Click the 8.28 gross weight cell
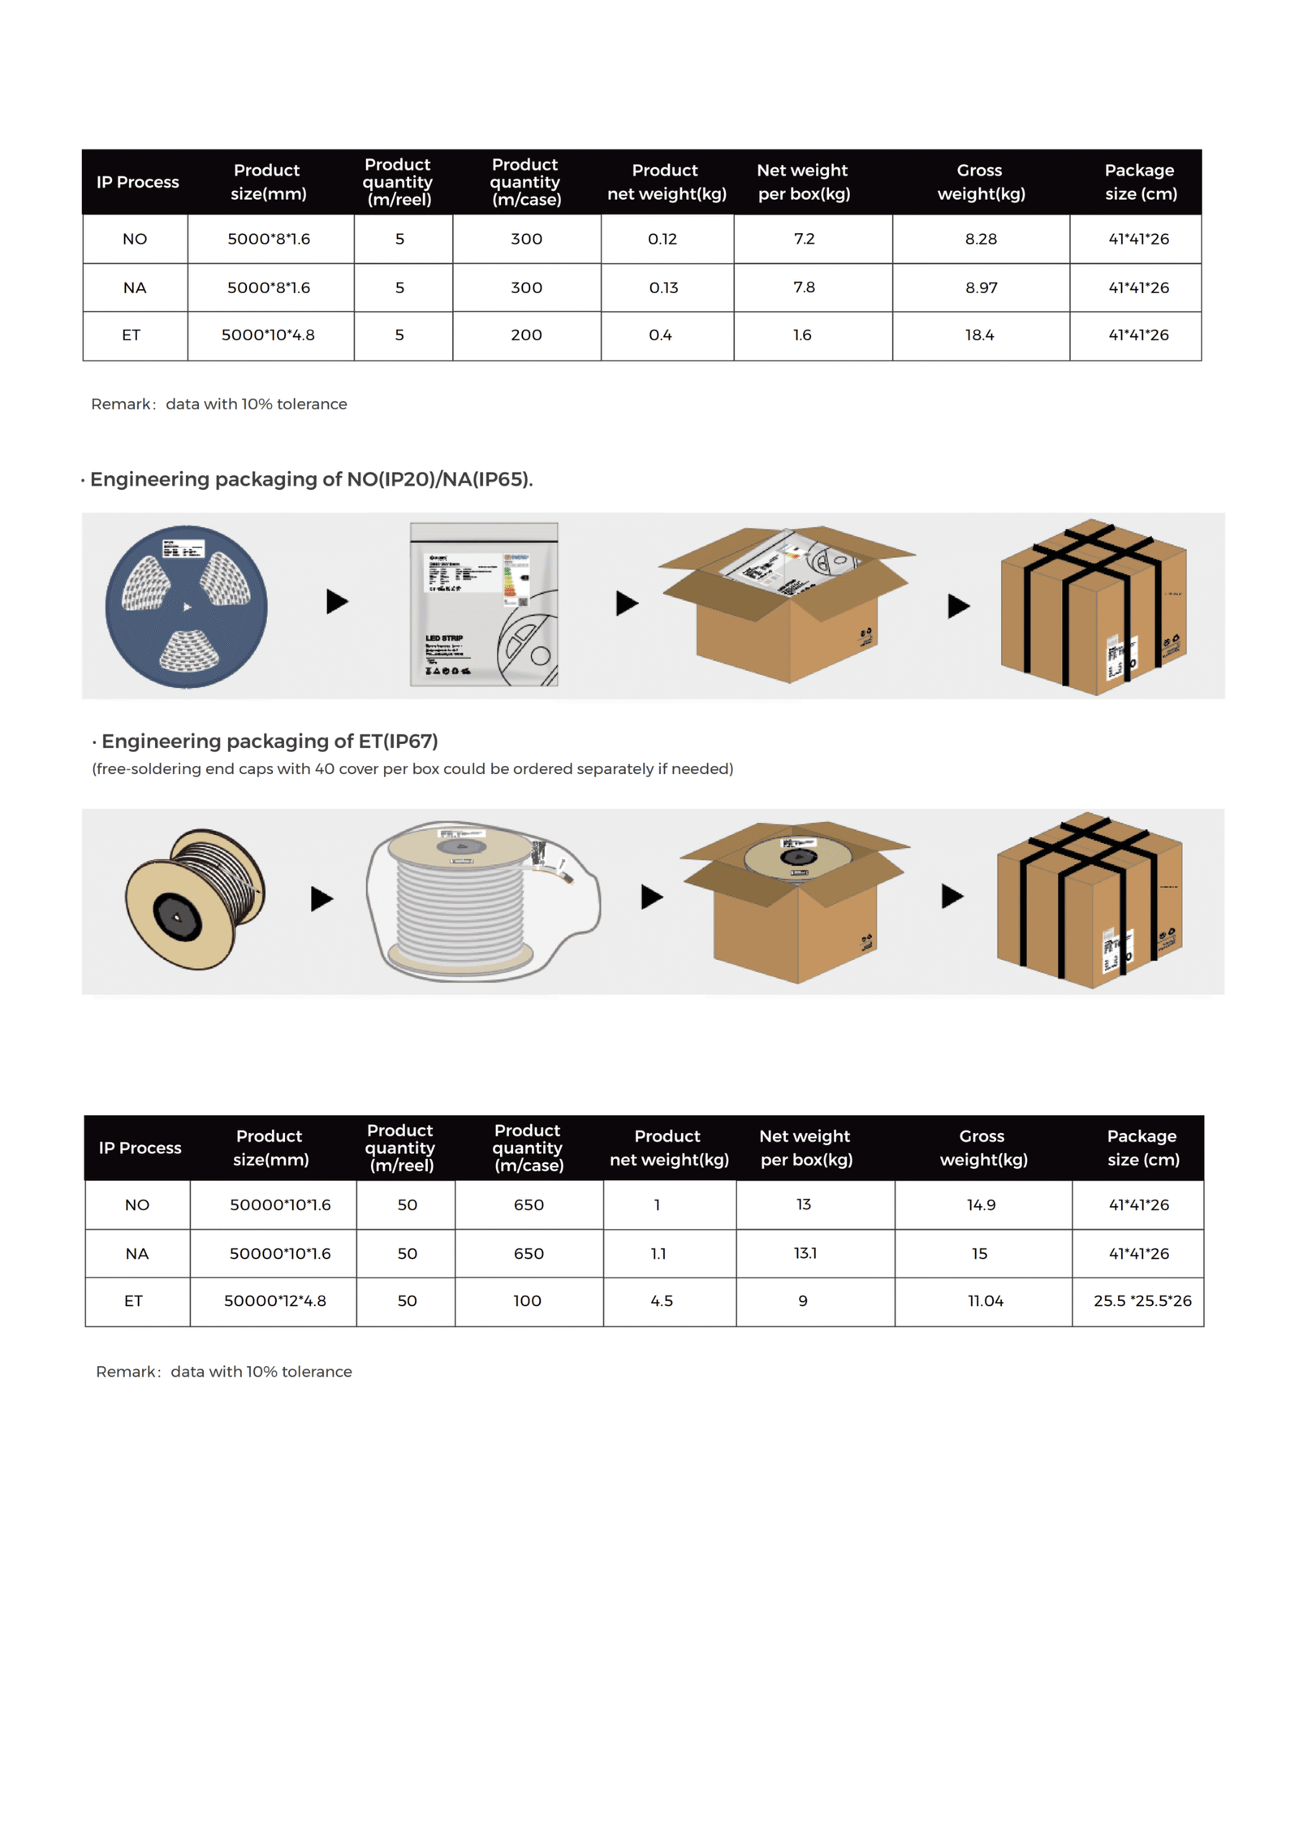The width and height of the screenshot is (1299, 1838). click(x=980, y=239)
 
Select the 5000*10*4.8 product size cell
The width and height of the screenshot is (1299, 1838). click(x=268, y=335)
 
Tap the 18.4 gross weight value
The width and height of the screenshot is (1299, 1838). click(x=979, y=335)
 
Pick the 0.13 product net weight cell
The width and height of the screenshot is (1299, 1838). click(x=662, y=288)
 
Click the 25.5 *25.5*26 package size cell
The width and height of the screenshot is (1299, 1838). click(x=1141, y=1300)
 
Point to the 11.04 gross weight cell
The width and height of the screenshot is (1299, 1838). click(x=985, y=1300)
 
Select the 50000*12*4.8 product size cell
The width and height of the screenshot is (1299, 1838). click(x=274, y=1300)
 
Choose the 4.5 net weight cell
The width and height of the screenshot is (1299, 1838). click(x=661, y=1300)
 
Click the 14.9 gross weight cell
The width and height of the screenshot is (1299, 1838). click(x=980, y=1204)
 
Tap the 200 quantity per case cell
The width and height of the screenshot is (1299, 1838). click(x=526, y=335)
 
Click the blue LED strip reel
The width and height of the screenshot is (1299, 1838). click(x=186, y=606)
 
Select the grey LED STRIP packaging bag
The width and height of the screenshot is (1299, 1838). click(x=483, y=604)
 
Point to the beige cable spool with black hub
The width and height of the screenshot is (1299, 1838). click(x=195, y=898)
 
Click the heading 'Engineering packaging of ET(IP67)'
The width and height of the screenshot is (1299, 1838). click(x=269, y=741)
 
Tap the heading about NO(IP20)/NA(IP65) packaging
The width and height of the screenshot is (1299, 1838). click(x=311, y=479)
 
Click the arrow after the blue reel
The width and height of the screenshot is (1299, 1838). click(x=336, y=602)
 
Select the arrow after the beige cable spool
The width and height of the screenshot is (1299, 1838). click(x=322, y=898)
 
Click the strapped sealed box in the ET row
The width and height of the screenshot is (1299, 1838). click(x=1090, y=900)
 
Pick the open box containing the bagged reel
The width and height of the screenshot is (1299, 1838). click(x=786, y=603)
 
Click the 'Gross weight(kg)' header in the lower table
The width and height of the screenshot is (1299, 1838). click(x=982, y=1147)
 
